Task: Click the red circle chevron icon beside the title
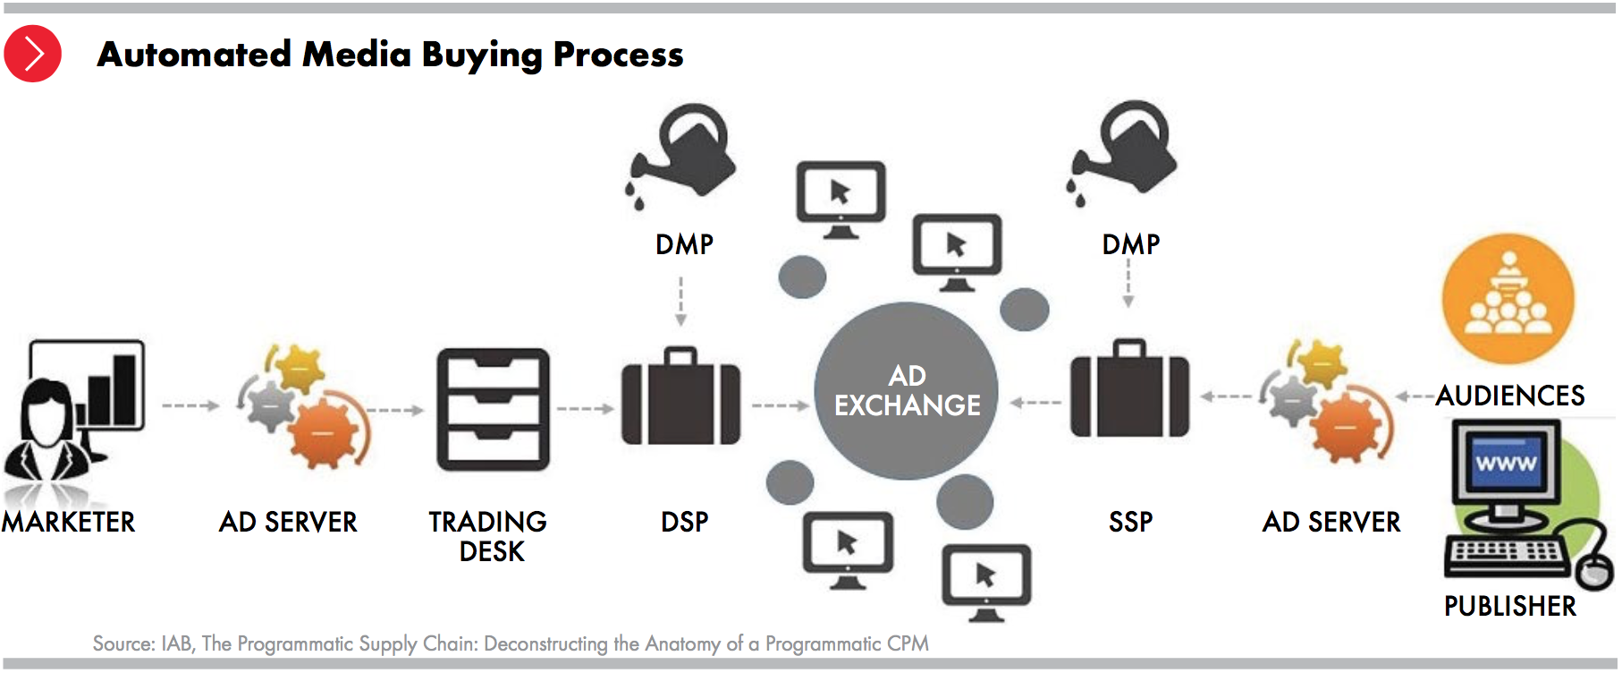(x=33, y=54)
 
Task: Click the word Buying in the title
(x=481, y=55)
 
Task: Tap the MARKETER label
(x=68, y=522)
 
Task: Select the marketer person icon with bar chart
(x=74, y=412)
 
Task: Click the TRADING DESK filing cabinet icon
(x=493, y=410)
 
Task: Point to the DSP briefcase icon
(x=681, y=396)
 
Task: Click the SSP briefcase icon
(x=1130, y=388)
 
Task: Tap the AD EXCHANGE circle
(x=906, y=391)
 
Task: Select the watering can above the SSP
(x=1122, y=151)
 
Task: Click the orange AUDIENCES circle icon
(x=1508, y=299)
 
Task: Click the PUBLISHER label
(x=1510, y=606)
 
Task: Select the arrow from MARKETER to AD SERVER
(x=190, y=405)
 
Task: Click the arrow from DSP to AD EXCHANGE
(x=781, y=405)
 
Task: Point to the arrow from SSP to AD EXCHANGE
(x=1035, y=403)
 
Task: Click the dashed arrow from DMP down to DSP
(x=681, y=302)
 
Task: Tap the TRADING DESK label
(x=488, y=536)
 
